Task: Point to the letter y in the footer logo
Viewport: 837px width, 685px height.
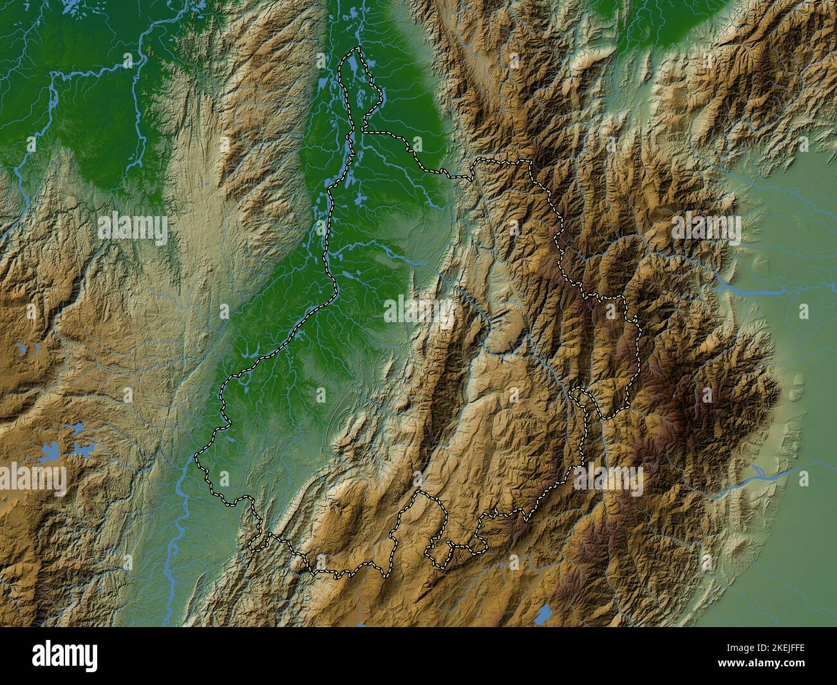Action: pyautogui.click(x=92, y=657)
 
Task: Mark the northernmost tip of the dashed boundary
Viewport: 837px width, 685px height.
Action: pyautogui.click(x=356, y=49)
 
